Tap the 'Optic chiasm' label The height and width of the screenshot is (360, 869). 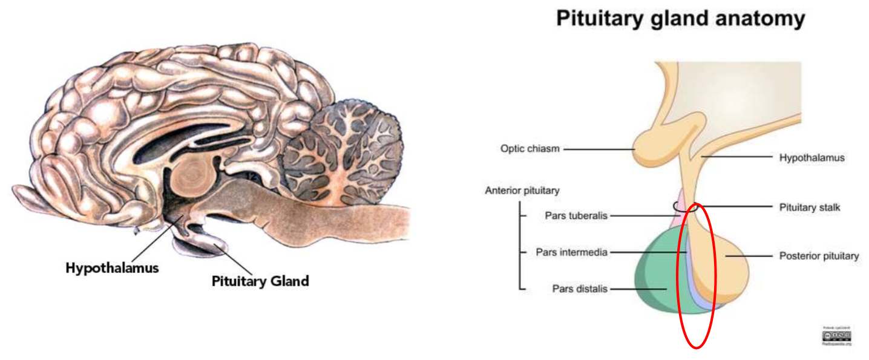pyautogui.click(x=530, y=148)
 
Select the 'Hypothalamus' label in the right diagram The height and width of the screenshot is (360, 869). pyautogui.click(x=811, y=158)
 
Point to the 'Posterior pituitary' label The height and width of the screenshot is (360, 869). pyautogui.click(x=819, y=256)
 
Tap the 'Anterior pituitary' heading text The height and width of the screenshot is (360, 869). pyautogui.click(x=522, y=191)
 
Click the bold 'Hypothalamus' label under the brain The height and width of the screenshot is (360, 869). pyautogui.click(x=112, y=267)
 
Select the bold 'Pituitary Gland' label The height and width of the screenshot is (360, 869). pyautogui.click(x=260, y=281)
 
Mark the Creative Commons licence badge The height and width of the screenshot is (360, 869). pyautogui.click(x=837, y=335)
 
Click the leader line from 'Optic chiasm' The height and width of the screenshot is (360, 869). pyautogui.click(x=599, y=148)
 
